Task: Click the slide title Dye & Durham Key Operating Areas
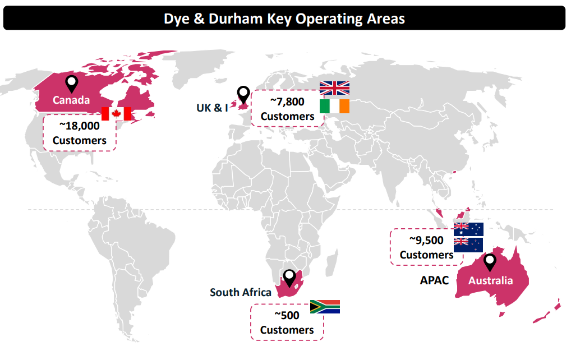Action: pyautogui.click(x=284, y=18)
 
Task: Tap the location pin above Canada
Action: pyautogui.click(x=71, y=84)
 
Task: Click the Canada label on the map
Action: pyautogui.click(x=71, y=100)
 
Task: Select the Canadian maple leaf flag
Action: pyautogui.click(x=116, y=113)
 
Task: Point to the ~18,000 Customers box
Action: pyautogui.click(x=79, y=133)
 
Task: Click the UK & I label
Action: pyautogui.click(x=212, y=107)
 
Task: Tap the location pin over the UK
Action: pyautogui.click(x=243, y=94)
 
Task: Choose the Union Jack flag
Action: pyautogui.click(x=334, y=88)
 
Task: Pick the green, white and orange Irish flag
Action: pyautogui.click(x=334, y=106)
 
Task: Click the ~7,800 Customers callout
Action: pyautogui.click(x=287, y=109)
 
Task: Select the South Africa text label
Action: pyautogui.click(x=241, y=292)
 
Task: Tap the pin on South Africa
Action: pyautogui.click(x=289, y=278)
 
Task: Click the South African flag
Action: pyautogui.click(x=325, y=307)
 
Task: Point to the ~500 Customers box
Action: pyautogui.click(x=287, y=322)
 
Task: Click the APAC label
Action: pyautogui.click(x=435, y=280)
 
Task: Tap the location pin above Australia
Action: pyautogui.click(x=490, y=262)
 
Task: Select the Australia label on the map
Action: pyautogui.click(x=491, y=280)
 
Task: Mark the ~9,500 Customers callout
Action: pyautogui.click(x=426, y=247)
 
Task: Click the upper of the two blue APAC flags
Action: pyautogui.click(x=468, y=229)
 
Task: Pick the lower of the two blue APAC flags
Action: pyautogui.click(x=468, y=244)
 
